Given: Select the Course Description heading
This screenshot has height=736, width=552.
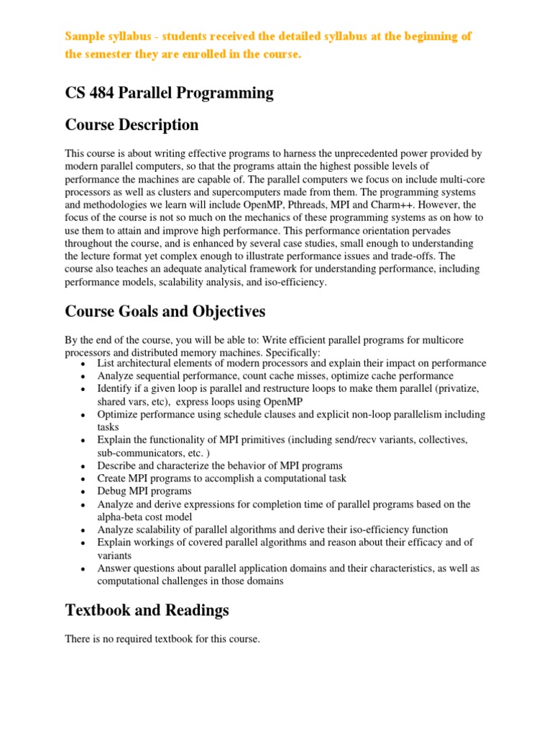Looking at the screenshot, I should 132,125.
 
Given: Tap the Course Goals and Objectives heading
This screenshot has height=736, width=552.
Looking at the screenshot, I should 165,311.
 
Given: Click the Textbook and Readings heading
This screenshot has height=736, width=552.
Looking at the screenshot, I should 147,610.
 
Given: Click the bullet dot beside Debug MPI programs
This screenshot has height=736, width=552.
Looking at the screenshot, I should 83,492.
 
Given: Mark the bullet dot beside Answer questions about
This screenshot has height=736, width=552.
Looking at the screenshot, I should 83,569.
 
